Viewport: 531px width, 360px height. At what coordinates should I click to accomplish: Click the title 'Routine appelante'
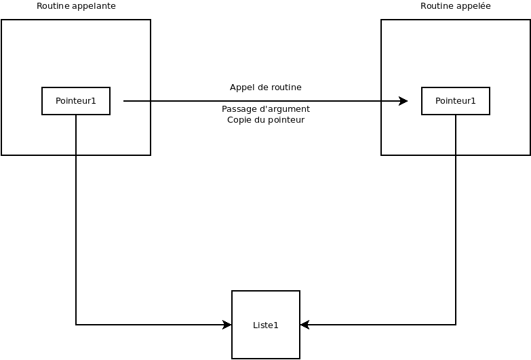click(x=76, y=6)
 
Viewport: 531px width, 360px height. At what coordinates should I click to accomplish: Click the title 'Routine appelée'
click(x=456, y=5)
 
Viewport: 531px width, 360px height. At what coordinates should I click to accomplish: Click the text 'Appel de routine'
click(x=266, y=87)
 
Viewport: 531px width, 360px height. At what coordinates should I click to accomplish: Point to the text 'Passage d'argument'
click(x=266, y=109)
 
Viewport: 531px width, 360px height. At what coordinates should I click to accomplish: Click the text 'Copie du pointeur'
click(x=266, y=120)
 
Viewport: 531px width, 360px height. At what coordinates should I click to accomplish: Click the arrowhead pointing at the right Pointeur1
click(x=403, y=101)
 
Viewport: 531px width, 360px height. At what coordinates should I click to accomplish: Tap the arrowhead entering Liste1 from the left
click(x=227, y=325)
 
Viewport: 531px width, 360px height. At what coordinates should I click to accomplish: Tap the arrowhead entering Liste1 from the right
click(x=304, y=325)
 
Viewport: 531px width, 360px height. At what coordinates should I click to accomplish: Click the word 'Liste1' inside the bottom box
click(x=266, y=325)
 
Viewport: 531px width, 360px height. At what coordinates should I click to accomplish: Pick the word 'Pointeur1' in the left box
click(x=76, y=101)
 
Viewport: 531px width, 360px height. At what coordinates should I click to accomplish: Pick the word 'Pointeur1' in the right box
click(x=456, y=101)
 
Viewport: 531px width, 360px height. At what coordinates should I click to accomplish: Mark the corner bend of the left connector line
click(x=76, y=325)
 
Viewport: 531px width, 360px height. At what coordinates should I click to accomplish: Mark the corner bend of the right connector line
click(x=456, y=325)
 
